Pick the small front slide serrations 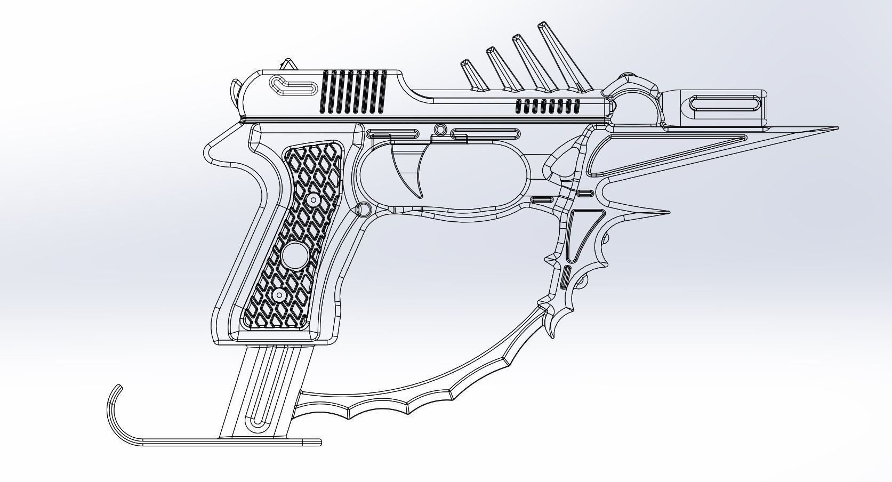click(548, 106)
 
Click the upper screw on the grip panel click(313, 200)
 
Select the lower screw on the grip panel click(278, 294)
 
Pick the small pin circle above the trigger click(440, 130)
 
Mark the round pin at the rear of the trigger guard click(363, 209)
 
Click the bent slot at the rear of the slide click(292, 86)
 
